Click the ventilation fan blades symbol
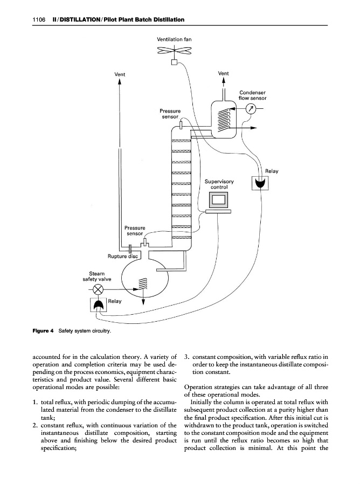[174, 52]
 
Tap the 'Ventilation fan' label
[174, 39]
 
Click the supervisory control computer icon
[219, 200]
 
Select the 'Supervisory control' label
[219, 184]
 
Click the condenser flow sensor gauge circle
[250, 109]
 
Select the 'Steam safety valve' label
[97, 276]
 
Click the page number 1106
[37, 19]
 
